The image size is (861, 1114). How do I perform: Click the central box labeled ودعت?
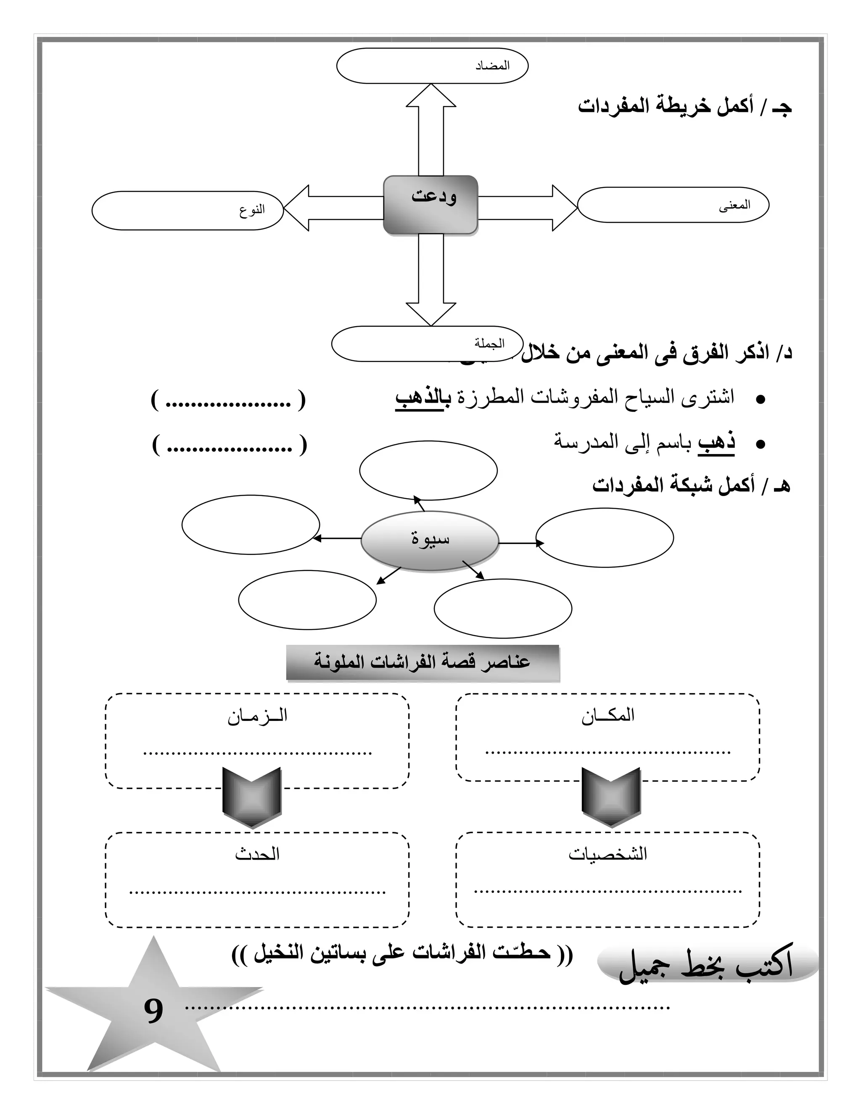tap(430, 205)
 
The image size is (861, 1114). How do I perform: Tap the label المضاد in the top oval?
tap(492, 66)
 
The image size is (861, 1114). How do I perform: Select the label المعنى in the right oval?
tap(734, 206)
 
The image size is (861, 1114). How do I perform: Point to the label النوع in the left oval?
tap(252, 210)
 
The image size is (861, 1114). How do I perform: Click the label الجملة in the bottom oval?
tap(489, 344)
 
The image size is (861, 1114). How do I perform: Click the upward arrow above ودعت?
tap(431, 127)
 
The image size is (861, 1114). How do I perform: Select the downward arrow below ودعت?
tap(431, 280)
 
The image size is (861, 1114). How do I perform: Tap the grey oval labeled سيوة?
tap(430, 540)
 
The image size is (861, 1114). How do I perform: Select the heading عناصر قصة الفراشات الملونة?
tap(423, 663)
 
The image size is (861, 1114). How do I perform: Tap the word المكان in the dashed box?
tap(607, 715)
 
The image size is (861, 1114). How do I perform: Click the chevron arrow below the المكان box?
tap(611, 797)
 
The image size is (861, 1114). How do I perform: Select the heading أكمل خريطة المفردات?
tap(684, 107)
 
